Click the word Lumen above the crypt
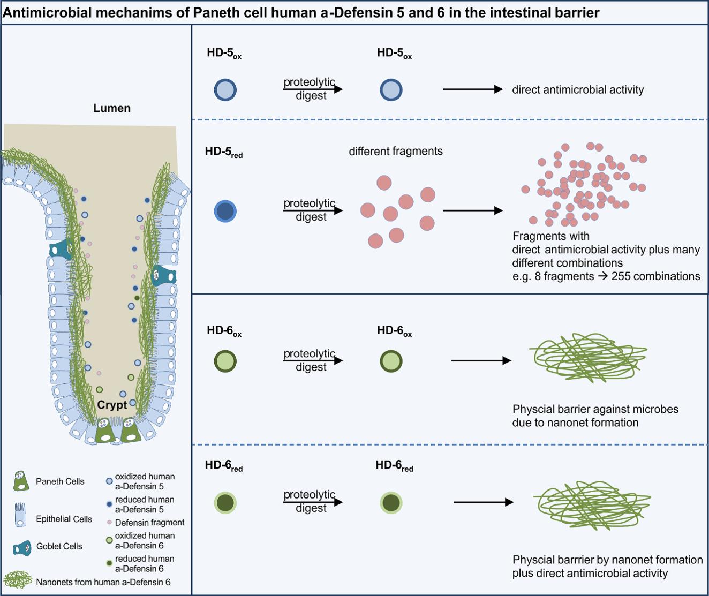(111, 108)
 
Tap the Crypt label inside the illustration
(112, 405)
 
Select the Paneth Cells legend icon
(21, 481)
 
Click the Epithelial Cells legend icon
(20, 515)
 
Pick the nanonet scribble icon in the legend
(18, 580)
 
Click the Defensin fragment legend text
(149, 523)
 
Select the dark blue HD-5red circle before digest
(225, 211)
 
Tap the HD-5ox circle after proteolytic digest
(391, 90)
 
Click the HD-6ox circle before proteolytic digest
(225, 361)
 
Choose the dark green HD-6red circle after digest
(391, 503)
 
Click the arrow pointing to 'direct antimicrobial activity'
(472, 89)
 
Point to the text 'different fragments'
(396, 152)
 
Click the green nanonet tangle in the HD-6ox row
(588, 356)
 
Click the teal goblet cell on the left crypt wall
(61, 249)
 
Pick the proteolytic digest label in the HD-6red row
(310, 501)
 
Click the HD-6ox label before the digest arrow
(224, 331)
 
